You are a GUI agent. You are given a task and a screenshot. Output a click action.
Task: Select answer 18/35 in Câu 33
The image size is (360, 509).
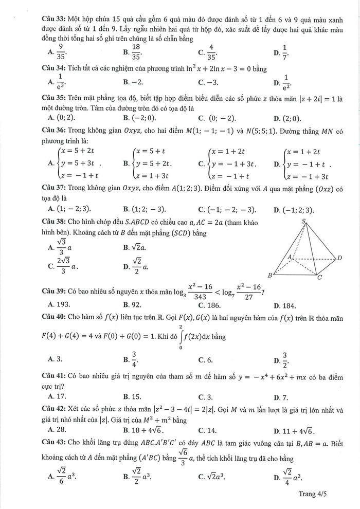[136, 50]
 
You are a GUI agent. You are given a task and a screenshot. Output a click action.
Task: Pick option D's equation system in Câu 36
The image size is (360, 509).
[306, 163]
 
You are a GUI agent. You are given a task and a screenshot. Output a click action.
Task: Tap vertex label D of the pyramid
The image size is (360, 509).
[339, 257]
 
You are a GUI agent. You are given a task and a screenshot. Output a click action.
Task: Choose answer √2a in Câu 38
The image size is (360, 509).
[135, 247]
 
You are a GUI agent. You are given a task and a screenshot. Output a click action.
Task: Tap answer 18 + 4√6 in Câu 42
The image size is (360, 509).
[147, 430]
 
